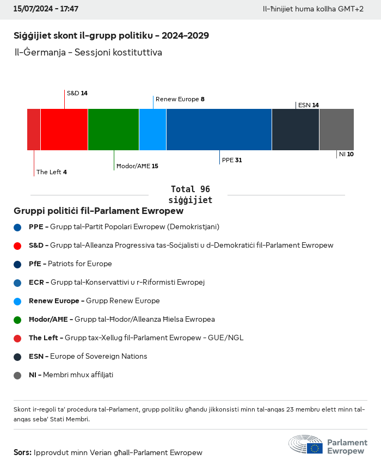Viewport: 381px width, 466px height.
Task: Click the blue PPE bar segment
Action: (219, 130)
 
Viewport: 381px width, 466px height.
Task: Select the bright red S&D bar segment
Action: (64, 130)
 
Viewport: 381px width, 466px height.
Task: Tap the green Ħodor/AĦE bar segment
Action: (113, 130)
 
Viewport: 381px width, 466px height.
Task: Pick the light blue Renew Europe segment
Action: (153, 130)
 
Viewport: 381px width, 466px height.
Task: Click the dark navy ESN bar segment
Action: (296, 130)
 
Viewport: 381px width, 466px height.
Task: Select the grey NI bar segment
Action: (336, 130)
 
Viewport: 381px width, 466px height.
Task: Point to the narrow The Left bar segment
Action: (34, 130)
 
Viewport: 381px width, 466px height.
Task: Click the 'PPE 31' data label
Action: (232, 161)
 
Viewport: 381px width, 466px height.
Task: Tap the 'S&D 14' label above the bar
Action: (77, 93)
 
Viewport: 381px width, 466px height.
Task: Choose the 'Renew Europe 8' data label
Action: (180, 99)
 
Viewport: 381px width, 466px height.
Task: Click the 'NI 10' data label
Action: (346, 155)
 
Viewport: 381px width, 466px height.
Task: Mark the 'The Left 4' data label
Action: (52, 172)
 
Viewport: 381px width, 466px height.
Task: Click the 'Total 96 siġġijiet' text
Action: (190, 194)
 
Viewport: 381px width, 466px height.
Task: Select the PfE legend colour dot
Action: (18, 264)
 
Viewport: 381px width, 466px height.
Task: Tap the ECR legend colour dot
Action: (18, 283)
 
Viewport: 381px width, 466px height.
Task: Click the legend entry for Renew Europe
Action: (94, 301)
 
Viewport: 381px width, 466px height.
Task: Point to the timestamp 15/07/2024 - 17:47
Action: (46, 9)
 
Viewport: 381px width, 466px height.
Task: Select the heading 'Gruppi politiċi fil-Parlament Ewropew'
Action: (99, 211)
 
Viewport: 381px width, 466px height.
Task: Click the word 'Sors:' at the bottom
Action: (22, 452)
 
